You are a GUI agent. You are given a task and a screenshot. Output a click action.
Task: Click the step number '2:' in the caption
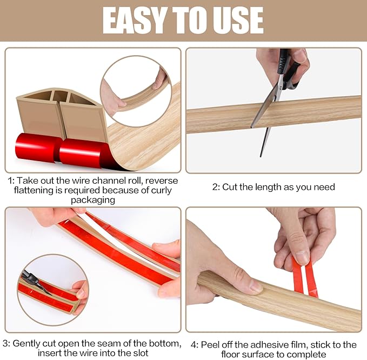pyautogui.click(x=216, y=187)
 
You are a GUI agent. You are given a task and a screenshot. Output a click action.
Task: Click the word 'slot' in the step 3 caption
pyautogui.click(x=139, y=354)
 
